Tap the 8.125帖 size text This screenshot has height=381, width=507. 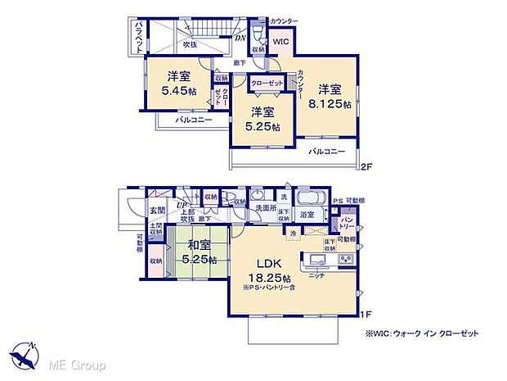[335, 104]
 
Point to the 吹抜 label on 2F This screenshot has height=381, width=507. [191, 44]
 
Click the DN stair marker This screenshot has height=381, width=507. [240, 38]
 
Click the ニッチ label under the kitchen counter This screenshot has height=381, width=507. [315, 276]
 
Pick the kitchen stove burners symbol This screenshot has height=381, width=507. [345, 261]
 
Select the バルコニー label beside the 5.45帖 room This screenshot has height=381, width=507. [195, 120]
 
